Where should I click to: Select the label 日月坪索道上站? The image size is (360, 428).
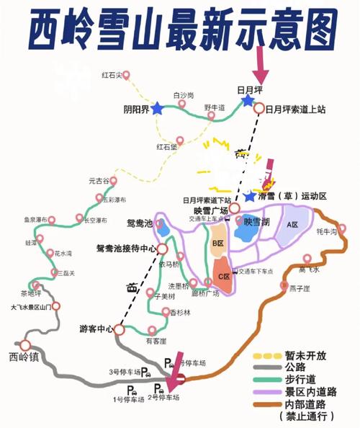pyautogui.click(x=295, y=110)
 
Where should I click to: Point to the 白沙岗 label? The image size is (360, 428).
pyautogui.click(x=184, y=94)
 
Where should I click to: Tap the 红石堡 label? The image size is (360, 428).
pyautogui.click(x=167, y=146)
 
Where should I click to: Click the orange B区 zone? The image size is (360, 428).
pyautogui.click(x=218, y=242)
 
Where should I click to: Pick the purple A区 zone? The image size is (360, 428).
pyautogui.click(x=292, y=225)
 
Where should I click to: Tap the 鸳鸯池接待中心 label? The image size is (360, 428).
pyautogui.click(x=126, y=248)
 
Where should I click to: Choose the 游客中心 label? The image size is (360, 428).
pyautogui.click(x=96, y=329)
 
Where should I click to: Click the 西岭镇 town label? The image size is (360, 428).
pyautogui.click(x=22, y=356)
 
